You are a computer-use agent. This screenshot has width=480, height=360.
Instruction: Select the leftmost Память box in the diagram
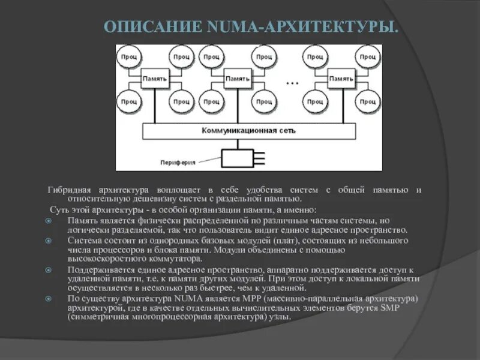click(155, 79)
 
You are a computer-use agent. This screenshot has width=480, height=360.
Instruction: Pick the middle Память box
click(237, 79)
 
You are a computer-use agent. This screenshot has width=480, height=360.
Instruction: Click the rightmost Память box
click(341, 79)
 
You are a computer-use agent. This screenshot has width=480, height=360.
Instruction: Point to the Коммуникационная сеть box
click(248, 130)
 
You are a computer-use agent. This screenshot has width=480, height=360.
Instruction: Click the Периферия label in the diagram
click(178, 162)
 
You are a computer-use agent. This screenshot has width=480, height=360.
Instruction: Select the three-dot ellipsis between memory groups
click(292, 83)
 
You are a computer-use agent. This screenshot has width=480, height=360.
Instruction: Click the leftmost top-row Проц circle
click(129, 57)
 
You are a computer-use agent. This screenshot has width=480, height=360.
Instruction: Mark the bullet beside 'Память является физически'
click(49, 220)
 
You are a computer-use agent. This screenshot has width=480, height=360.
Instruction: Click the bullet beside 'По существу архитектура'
click(49, 299)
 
